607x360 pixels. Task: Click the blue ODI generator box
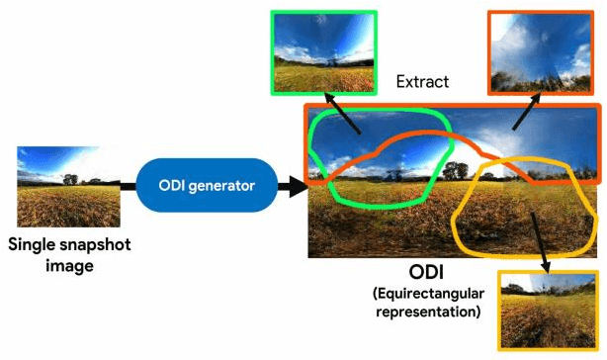(x=209, y=185)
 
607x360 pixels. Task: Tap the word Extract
(x=422, y=82)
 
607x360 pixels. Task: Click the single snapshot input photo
(x=69, y=187)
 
